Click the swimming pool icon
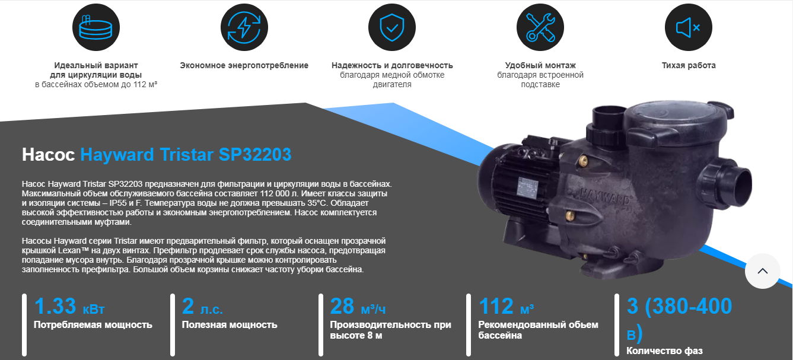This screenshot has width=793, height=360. (x=96, y=27)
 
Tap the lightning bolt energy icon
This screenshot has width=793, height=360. (x=244, y=27)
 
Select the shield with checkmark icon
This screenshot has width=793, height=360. (x=392, y=27)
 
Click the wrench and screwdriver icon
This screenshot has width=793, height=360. (x=540, y=27)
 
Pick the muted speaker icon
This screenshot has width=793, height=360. (x=689, y=27)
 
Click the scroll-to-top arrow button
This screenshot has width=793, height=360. (x=763, y=271)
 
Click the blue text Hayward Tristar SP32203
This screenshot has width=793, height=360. (x=186, y=155)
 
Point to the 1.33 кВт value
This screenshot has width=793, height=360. (x=69, y=306)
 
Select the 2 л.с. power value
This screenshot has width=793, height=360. (x=202, y=306)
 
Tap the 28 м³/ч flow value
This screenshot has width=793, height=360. (x=358, y=306)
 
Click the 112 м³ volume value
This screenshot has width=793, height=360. (x=507, y=306)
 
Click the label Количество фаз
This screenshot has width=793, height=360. (x=664, y=351)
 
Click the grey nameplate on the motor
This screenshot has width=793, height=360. (x=528, y=186)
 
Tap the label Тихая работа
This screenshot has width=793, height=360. (x=689, y=65)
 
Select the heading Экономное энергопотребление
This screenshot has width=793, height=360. (x=244, y=65)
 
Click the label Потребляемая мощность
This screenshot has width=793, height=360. (x=93, y=325)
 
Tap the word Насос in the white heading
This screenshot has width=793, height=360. (x=49, y=155)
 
